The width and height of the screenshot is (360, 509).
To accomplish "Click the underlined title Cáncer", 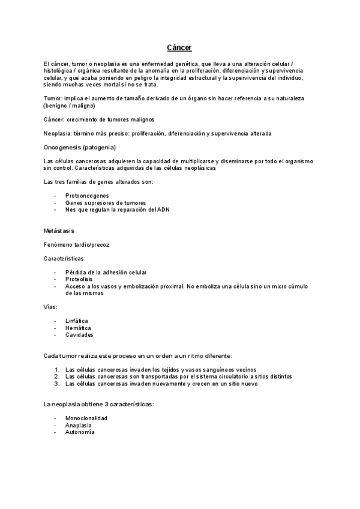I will [x=179, y=47].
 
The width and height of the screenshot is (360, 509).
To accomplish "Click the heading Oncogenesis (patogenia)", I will [x=80, y=147].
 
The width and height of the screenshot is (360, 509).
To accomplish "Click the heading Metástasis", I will [x=59, y=230].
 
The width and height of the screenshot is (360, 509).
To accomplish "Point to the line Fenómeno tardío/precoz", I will [x=76, y=244].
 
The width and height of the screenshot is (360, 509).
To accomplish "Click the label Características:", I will [x=65, y=258].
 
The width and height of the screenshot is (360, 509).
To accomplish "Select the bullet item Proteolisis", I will [x=79, y=279].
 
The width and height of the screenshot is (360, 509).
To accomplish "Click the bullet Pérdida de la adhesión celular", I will [x=106, y=273].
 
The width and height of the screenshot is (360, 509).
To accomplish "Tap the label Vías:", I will [x=50, y=307].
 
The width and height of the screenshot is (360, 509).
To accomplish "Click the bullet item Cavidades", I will [x=79, y=335].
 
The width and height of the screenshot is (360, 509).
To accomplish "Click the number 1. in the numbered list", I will [x=56, y=370].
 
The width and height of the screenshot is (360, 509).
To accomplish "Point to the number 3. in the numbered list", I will [x=56, y=384].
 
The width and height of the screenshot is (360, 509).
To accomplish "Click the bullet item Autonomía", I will [x=80, y=432].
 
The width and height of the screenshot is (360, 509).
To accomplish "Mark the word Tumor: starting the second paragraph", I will [x=53, y=98].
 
